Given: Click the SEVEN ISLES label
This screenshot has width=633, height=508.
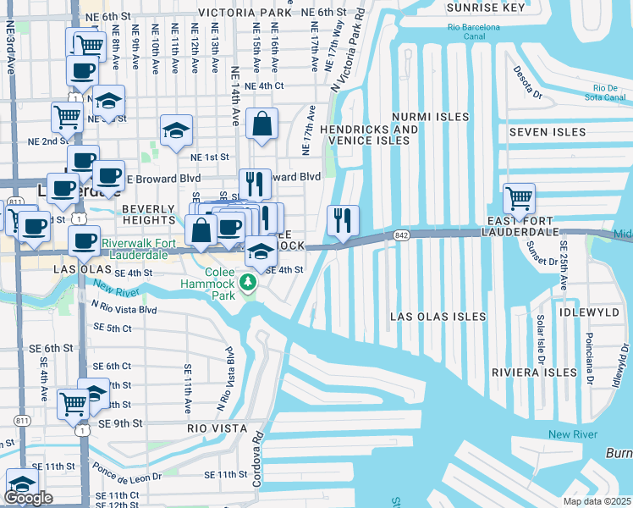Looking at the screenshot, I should click(548, 132).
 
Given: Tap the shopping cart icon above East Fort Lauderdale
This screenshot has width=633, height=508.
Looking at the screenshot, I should click(519, 199).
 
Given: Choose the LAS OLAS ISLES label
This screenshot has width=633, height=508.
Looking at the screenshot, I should click(438, 317).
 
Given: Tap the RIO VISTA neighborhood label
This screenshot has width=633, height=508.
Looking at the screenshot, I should click(217, 428).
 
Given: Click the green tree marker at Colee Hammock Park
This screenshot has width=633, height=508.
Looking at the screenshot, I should click(249, 282).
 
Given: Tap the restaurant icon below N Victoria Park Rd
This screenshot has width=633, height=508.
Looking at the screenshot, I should click(343, 221).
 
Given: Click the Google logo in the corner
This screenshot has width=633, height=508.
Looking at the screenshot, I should click(28, 498).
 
